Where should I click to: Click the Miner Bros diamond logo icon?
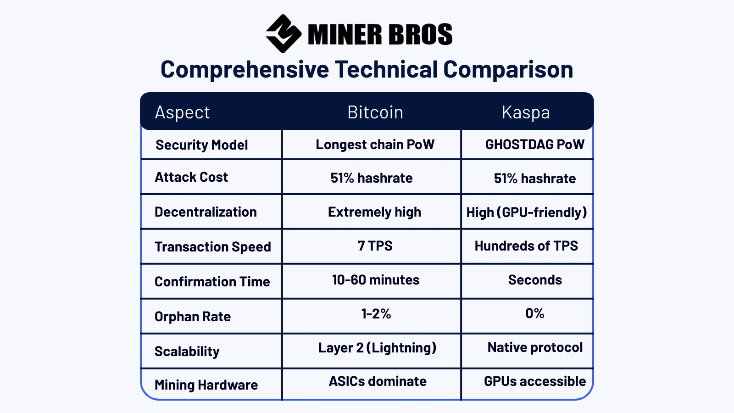pos(284,33)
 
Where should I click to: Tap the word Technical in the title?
pos(386,69)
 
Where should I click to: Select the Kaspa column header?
pos(526,112)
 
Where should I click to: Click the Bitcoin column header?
pos(375,112)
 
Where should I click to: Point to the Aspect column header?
pos(182,112)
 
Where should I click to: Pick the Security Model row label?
pos(201,145)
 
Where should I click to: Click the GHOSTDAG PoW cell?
pos(535,145)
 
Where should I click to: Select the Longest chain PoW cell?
pos(375,145)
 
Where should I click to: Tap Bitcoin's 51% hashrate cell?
pos(372,178)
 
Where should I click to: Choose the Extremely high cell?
pos(374,212)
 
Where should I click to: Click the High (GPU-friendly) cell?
pos(527,212)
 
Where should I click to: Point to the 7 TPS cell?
pos(375,246)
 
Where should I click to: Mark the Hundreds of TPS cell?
pos(526,246)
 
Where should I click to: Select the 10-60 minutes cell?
pos(376,280)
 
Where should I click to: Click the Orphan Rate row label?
pos(193,317)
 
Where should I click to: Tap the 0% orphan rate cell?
pos(535,313)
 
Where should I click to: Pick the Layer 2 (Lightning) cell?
pos(377,348)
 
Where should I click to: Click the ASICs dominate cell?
pos(378,381)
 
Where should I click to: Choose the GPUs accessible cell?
pos(535,381)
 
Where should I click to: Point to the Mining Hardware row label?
pos(206,385)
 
